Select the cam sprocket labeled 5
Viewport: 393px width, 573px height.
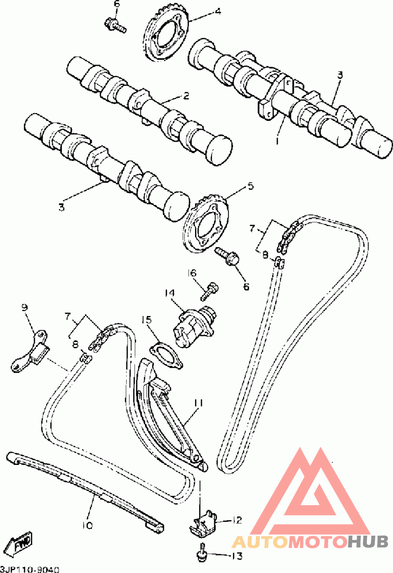click(206, 225)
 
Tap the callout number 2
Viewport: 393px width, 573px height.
click(186, 96)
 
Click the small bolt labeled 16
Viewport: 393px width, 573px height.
click(210, 291)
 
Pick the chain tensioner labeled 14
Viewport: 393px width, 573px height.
click(194, 324)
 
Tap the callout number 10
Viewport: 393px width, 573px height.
click(87, 525)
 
